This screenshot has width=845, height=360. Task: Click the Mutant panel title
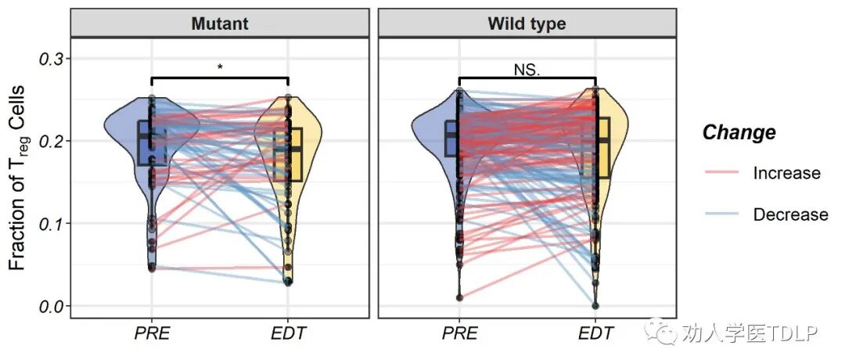(219, 23)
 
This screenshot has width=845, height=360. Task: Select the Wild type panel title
(527, 23)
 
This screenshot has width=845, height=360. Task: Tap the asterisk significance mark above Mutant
(220, 67)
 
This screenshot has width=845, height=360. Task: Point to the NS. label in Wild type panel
(527, 69)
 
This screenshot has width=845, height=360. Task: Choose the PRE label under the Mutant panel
(152, 334)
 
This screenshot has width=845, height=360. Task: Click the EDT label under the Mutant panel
(288, 334)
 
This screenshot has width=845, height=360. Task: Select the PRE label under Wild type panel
(459, 334)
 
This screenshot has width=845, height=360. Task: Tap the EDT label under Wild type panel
(595, 334)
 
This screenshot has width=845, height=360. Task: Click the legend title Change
(739, 132)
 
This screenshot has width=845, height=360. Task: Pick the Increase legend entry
(786, 173)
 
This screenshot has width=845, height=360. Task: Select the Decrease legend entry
(790, 214)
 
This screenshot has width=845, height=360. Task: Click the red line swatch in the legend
(724, 173)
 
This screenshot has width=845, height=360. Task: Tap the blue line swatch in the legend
(724, 214)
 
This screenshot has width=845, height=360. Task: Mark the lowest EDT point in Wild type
(595, 305)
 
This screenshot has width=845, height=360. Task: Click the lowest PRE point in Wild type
(459, 297)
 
